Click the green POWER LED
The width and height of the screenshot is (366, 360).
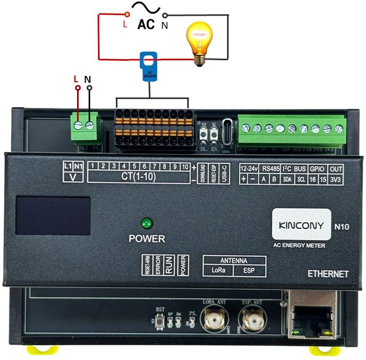(146, 223)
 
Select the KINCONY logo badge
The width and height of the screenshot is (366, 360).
(300, 224)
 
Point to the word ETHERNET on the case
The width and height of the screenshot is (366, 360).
(328, 274)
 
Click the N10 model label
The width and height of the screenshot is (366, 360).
(342, 227)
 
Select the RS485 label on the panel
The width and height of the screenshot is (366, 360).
(272, 169)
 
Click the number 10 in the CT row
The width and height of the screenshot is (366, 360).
(185, 166)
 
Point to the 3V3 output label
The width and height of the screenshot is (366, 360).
(336, 179)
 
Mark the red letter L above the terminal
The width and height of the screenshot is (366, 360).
(77, 79)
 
